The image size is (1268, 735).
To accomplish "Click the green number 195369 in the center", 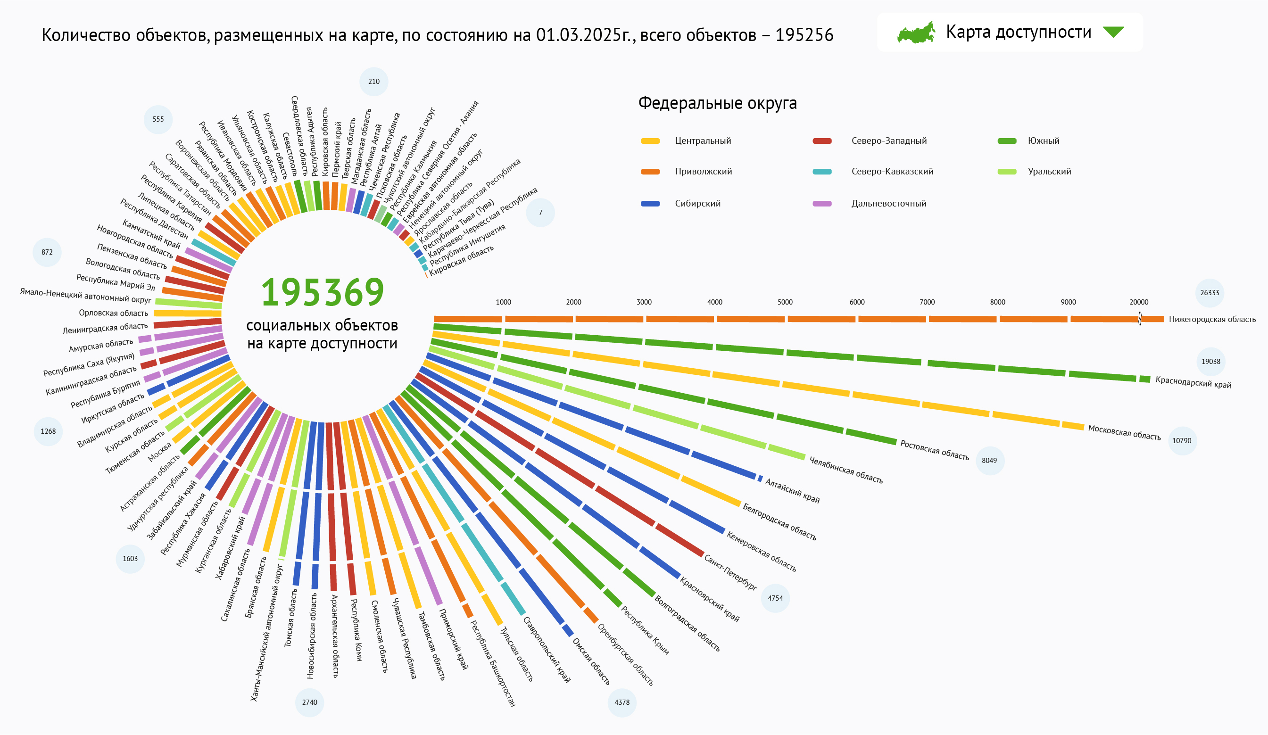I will pos(323,292).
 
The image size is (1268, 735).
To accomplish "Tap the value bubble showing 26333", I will pos(1210,293).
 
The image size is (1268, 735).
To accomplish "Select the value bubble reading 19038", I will pos(1210,361).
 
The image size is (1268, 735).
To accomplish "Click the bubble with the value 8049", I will pos(989,460).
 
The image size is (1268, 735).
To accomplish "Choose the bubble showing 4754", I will pos(775,598).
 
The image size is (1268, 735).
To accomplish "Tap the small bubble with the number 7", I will pos(540,212).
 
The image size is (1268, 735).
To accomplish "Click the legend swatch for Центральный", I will pos(650,141).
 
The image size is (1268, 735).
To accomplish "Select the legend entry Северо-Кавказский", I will pos(892,172).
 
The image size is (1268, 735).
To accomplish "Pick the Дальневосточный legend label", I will pos(888,204).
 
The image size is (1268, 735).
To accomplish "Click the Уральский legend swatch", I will pos(1007,172).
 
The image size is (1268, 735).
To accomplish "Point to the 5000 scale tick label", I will pos(785,302).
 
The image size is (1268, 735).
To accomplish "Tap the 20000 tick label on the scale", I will pos(1139,302).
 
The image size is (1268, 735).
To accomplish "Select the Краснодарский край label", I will pos(1193,382).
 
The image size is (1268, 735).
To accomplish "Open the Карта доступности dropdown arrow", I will pos(1113,32).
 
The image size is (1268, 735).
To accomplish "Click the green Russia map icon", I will pos(916,33).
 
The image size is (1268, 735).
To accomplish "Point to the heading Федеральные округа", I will pos(718,103).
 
